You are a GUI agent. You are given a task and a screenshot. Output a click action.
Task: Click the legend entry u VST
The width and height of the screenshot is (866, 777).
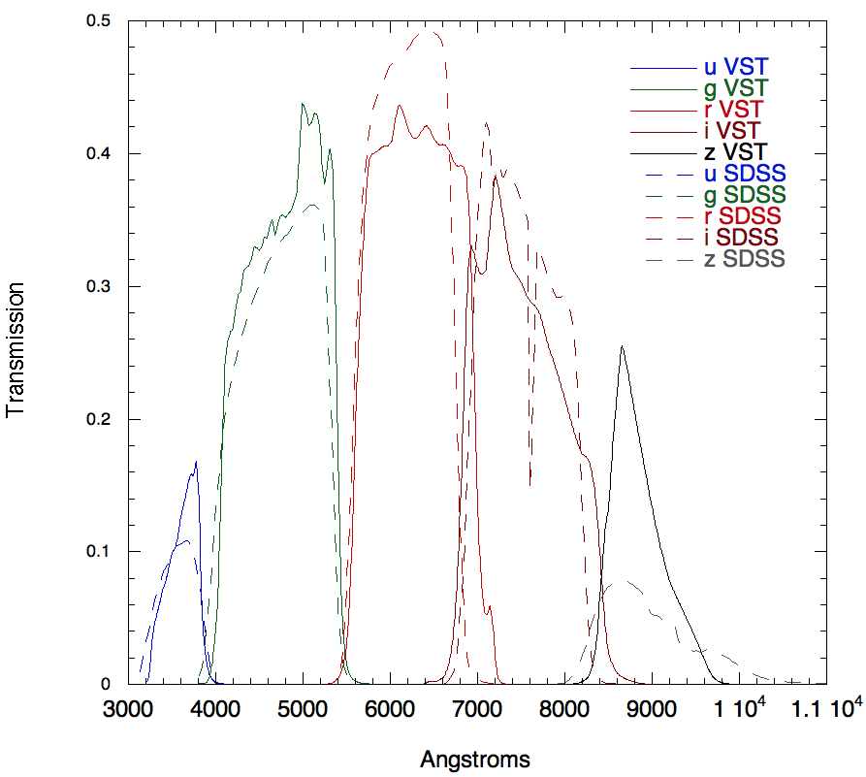point(735,67)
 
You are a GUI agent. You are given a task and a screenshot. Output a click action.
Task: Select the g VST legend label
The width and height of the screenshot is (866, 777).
point(735,88)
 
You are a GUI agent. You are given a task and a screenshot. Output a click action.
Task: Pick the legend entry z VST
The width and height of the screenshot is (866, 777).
point(734,151)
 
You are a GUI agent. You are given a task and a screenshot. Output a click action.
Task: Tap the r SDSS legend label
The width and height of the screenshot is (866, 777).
point(744,215)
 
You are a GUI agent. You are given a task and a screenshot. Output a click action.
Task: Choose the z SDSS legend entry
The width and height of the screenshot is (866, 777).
point(744,258)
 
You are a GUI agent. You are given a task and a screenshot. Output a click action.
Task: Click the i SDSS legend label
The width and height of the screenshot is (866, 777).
point(744,237)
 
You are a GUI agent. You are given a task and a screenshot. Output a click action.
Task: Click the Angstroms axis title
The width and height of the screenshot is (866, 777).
point(475,759)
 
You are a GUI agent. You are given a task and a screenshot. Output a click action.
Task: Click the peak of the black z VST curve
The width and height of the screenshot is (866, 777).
point(622,346)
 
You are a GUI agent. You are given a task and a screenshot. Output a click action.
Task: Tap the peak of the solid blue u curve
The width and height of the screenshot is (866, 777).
point(197,462)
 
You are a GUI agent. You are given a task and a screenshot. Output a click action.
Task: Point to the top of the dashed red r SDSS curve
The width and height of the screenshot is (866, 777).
point(428,32)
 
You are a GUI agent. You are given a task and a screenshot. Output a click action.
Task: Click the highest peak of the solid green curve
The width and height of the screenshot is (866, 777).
point(303,104)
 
